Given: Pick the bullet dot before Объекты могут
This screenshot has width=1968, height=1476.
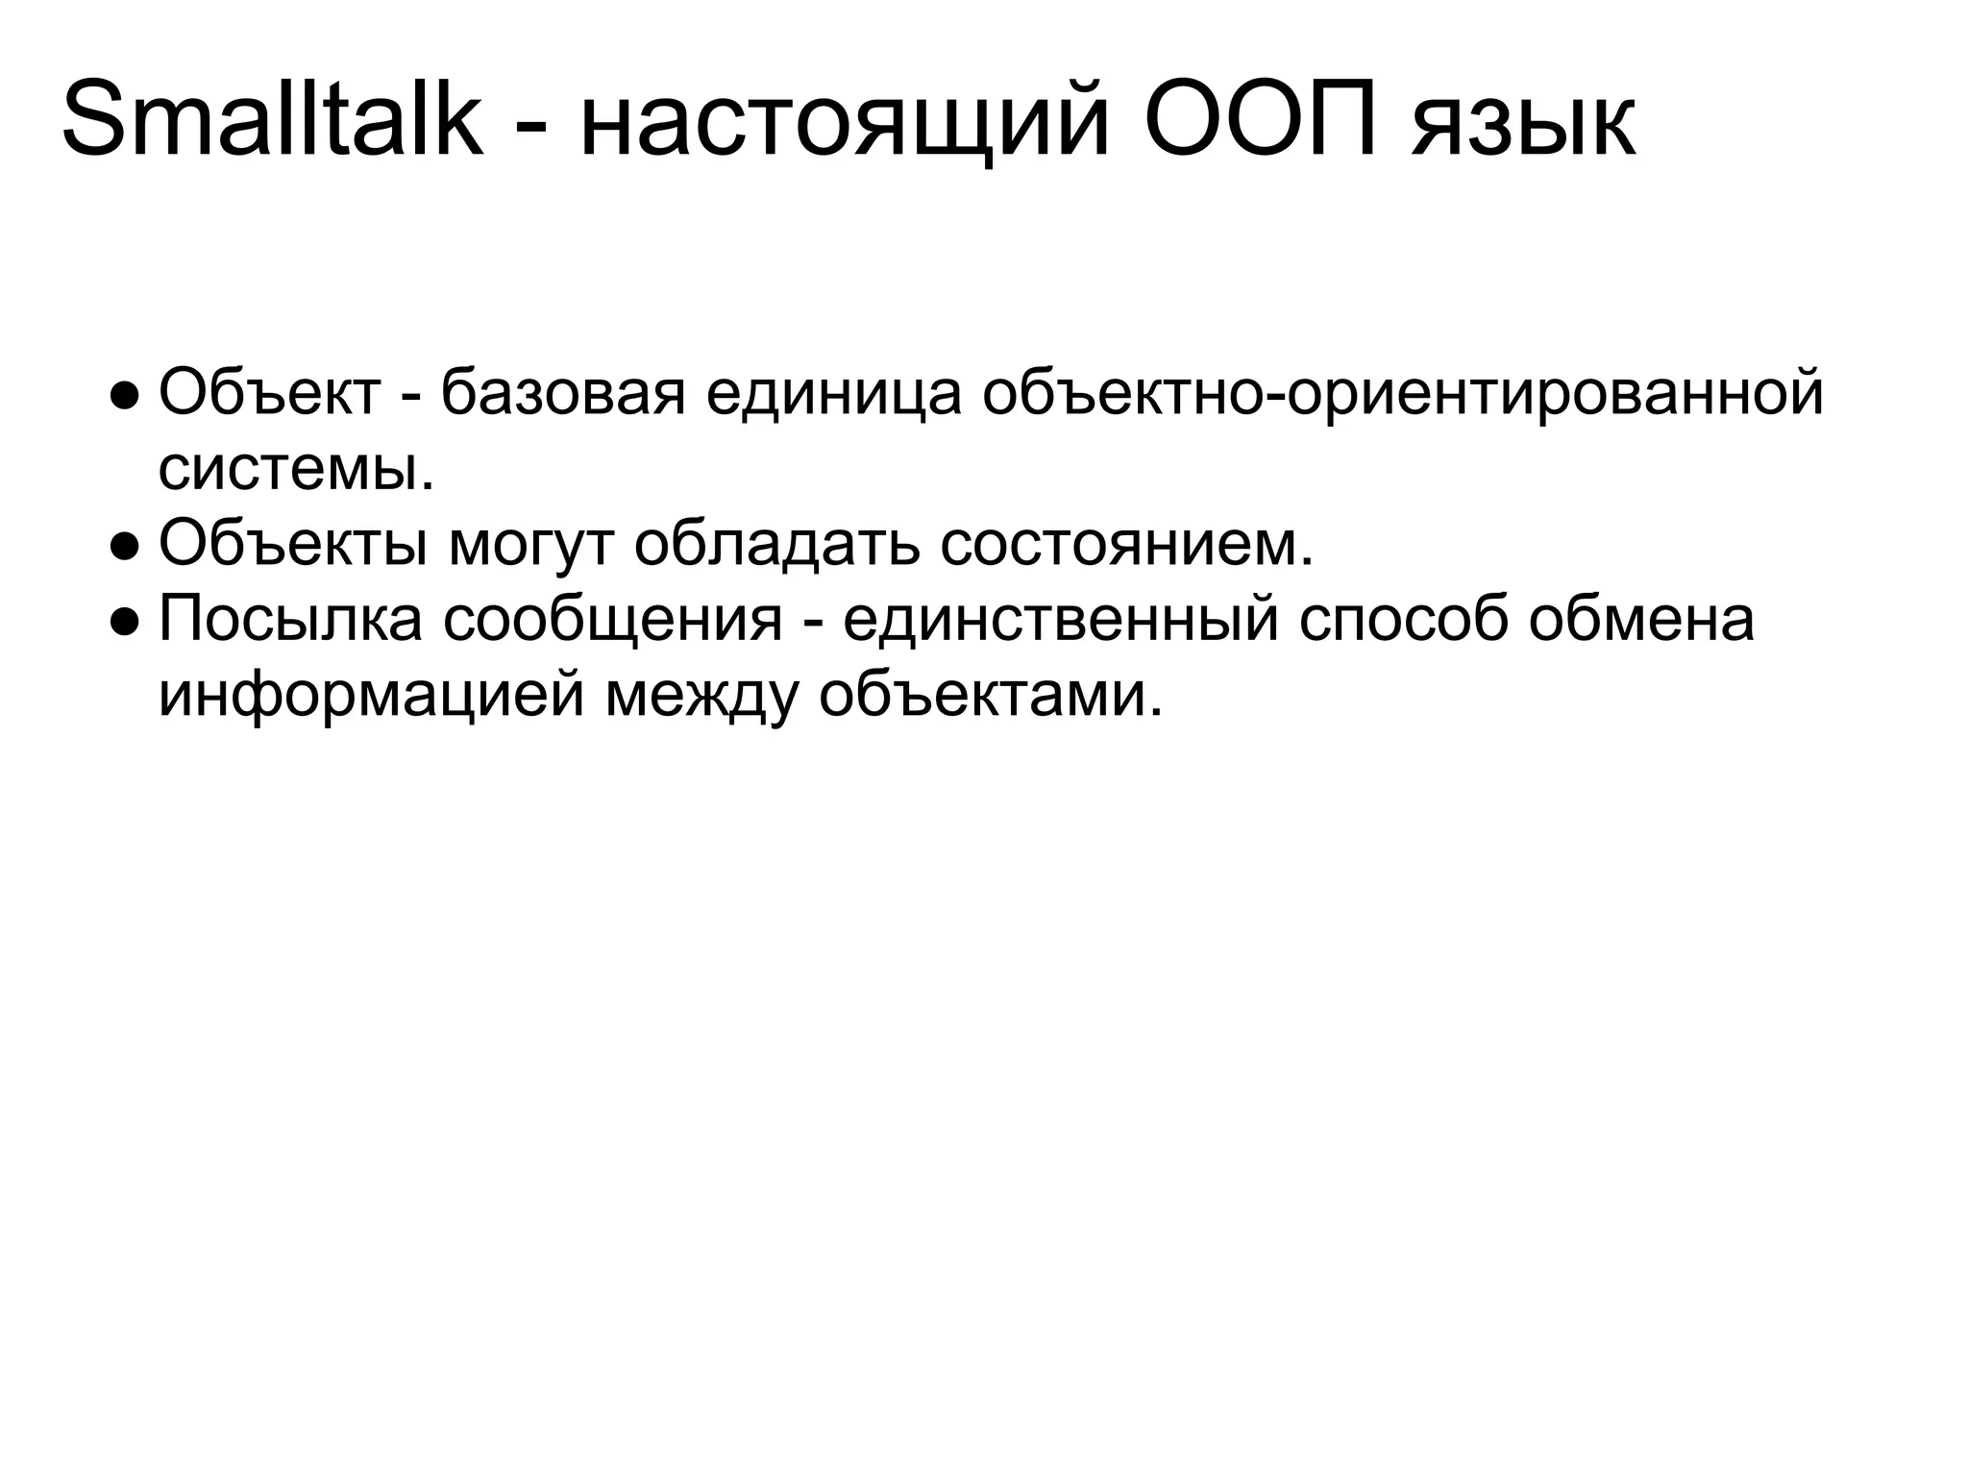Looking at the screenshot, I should point(126,545).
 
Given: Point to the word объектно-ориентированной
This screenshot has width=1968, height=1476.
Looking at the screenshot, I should point(1402,395).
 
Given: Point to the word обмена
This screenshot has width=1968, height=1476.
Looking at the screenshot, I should point(1642,619).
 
